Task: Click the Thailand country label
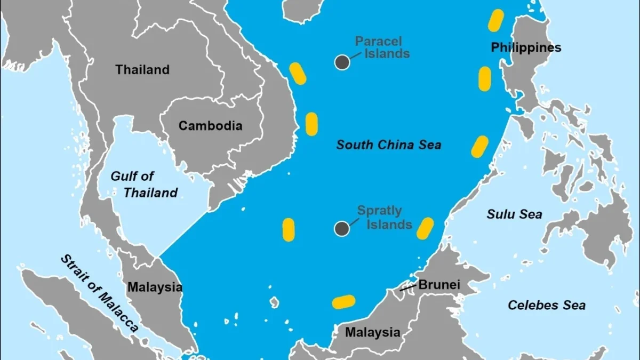pos(142,70)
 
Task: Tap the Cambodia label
pos(210,126)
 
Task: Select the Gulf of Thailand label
pos(144,184)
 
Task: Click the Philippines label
pos(526,47)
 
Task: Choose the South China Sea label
pos(389,145)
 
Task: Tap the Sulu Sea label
pos(514,214)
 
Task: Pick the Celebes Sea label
pos(546,305)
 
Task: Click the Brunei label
pos(439,284)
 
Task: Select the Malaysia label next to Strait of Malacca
pos(155,287)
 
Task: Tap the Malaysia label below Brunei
pos(372,332)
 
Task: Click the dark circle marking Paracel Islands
pos(342,62)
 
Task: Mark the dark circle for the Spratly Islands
pos(342,229)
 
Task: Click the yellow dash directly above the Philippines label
pos(496,20)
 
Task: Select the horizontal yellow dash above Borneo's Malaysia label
pos(343,302)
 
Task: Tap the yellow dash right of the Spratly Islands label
pos(425,228)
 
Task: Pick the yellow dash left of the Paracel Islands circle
pos(298,74)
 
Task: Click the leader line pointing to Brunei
pos(409,288)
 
